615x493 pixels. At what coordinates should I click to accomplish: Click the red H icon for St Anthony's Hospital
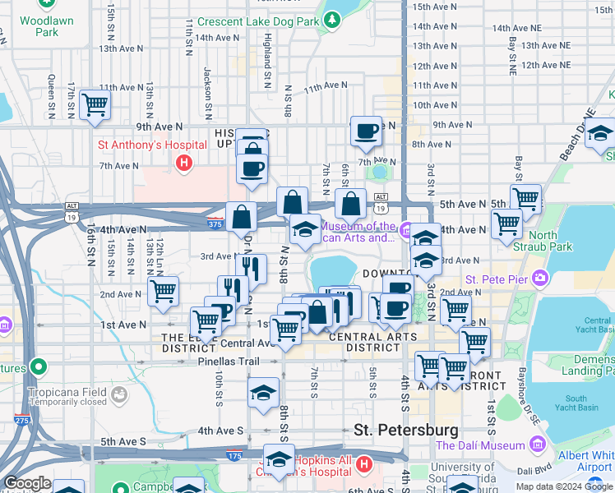[184, 164]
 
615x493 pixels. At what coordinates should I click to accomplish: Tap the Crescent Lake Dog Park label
[257, 21]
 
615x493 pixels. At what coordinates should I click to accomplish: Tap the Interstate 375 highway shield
[215, 223]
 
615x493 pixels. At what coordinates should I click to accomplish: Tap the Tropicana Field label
[68, 391]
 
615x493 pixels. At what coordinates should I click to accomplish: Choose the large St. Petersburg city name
[405, 430]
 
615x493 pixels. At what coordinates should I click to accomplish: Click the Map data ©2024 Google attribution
[564, 486]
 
